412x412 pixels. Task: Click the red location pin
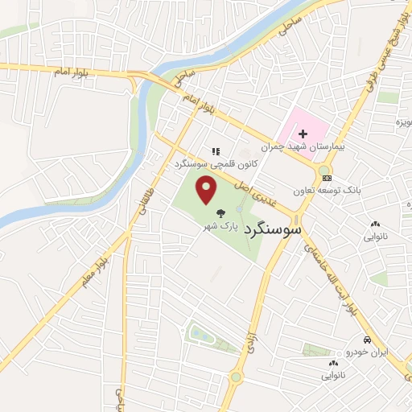pos(208,190)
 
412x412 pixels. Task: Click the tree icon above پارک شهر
pos(220,213)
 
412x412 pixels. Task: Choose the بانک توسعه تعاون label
pos(348,191)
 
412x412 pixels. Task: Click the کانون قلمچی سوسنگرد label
pos(216,163)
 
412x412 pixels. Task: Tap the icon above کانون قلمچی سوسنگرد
pos(214,150)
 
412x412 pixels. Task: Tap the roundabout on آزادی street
pos(237,377)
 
